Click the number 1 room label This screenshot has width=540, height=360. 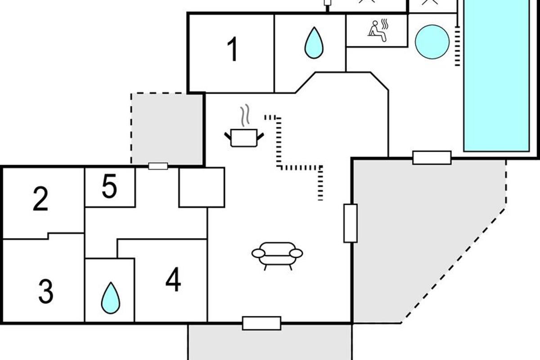(x=232, y=50)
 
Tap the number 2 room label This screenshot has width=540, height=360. (x=40, y=200)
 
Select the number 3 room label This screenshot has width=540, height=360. (x=45, y=291)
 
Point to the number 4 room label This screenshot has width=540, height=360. (x=173, y=279)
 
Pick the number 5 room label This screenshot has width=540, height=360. (x=109, y=187)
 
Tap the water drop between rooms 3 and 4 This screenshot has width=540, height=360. (x=110, y=297)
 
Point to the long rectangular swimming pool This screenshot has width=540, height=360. (x=496, y=76)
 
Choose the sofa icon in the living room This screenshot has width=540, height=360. (x=277, y=255)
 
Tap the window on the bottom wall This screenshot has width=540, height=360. (x=261, y=323)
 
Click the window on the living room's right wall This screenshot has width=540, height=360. (x=351, y=223)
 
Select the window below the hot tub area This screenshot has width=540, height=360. (x=432, y=157)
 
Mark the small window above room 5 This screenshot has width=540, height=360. (x=158, y=166)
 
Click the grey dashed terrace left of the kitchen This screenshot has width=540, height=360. (x=166, y=128)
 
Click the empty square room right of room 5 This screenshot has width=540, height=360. (x=202, y=187)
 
